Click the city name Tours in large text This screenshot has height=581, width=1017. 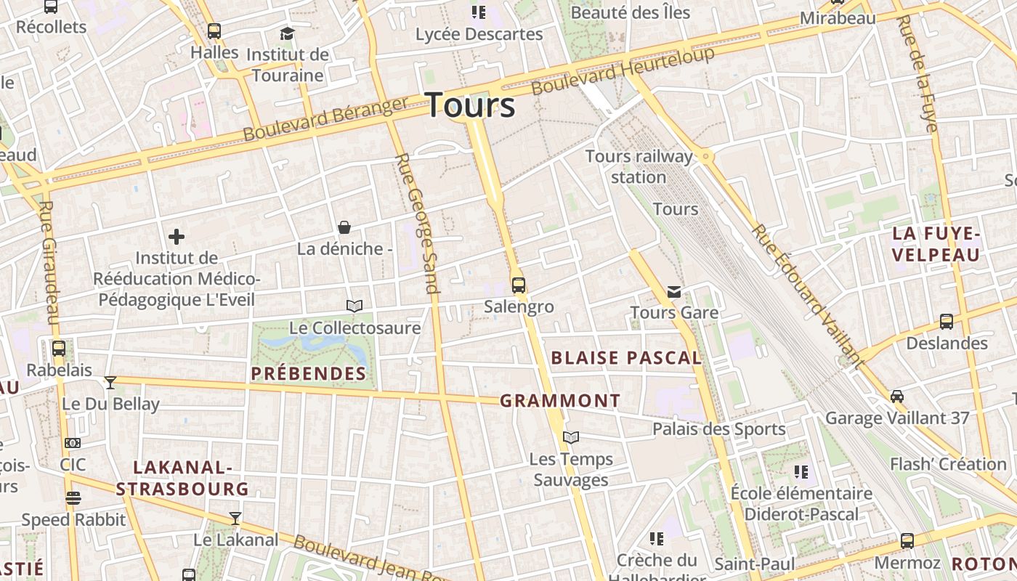[x=470, y=105]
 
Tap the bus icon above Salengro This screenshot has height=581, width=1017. [x=518, y=285]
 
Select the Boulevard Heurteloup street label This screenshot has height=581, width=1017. [x=623, y=70]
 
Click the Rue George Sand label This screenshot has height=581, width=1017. [x=418, y=222]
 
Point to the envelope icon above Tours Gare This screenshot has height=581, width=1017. [x=674, y=292]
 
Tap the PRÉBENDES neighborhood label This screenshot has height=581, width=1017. [x=309, y=374]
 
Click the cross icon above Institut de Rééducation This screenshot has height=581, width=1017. [x=176, y=237]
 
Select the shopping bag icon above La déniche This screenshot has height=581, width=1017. [x=344, y=228]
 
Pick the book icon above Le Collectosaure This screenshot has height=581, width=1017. [x=354, y=306]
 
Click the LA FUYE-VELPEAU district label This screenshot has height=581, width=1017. [x=936, y=244]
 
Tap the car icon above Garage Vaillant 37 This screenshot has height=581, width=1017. [x=897, y=397]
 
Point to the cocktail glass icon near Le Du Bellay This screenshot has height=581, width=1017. [x=110, y=383]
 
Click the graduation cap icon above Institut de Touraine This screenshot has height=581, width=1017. [x=288, y=33]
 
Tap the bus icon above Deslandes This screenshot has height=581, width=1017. [x=946, y=322]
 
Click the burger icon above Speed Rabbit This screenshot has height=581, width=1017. [x=73, y=498]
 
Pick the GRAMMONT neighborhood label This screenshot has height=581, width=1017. [x=560, y=401]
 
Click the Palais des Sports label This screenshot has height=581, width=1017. [x=718, y=429]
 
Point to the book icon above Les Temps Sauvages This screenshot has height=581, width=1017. [x=571, y=437]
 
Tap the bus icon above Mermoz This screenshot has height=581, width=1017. [x=907, y=541]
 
